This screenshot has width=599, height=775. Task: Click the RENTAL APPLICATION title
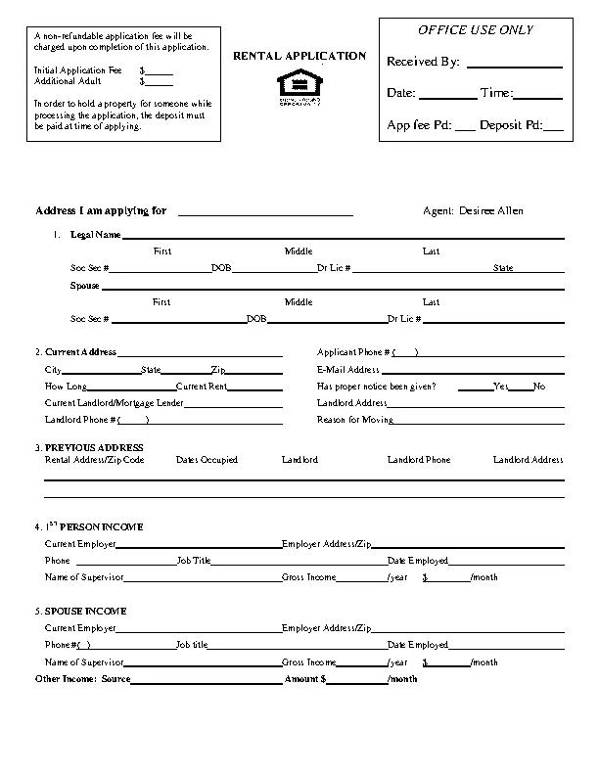point(299,57)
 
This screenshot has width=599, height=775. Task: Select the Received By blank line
point(515,64)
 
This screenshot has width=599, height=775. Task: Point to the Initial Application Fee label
point(78,71)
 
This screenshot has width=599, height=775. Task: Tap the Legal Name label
point(95,235)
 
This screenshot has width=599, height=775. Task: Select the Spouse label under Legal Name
point(84,286)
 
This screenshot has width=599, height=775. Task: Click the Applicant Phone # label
point(353,352)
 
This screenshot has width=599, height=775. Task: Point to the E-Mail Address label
point(347,370)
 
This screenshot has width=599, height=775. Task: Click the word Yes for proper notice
point(500,387)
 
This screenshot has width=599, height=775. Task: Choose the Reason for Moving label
point(355,420)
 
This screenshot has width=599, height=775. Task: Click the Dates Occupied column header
point(207,460)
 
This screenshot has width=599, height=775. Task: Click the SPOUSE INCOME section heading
point(85,611)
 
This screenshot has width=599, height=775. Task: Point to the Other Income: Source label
point(82,678)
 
